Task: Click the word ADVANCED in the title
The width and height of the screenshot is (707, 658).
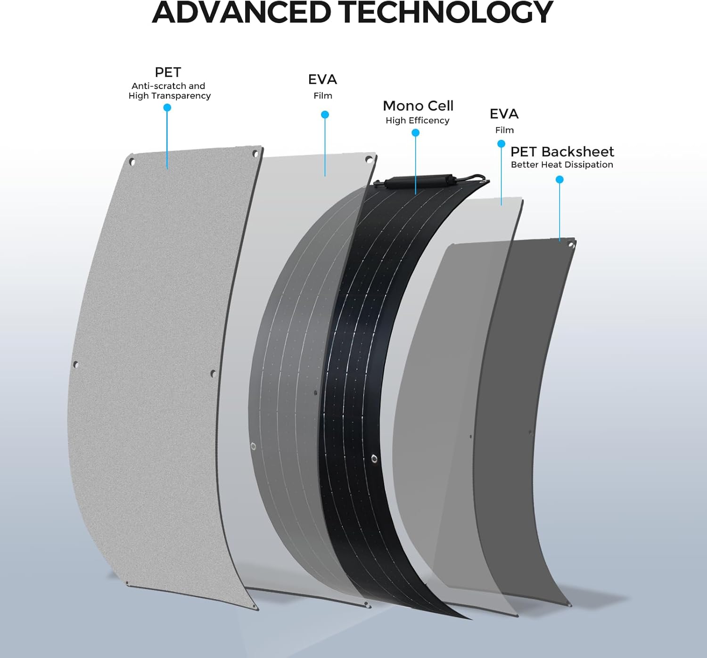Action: tap(241, 13)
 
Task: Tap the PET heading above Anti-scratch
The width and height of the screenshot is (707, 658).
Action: tap(168, 72)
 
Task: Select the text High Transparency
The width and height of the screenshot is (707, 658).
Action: tap(170, 96)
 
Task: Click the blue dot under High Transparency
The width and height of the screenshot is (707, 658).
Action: tap(167, 107)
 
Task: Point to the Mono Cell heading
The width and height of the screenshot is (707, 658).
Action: tap(418, 106)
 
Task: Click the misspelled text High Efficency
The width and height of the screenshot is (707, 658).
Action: tap(417, 121)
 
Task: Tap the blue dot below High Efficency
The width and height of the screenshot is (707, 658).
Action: tap(415, 133)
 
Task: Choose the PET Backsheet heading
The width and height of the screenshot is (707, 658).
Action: tap(562, 152)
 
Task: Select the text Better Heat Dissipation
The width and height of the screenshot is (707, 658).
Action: tap(562, 165)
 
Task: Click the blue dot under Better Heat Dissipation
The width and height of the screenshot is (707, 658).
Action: tap(559, 180)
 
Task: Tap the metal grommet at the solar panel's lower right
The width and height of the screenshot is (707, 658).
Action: tap(374, 459)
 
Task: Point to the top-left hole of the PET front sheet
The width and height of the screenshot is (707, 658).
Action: tap(132, 162)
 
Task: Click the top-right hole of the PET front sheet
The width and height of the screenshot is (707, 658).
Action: tap(255, 154)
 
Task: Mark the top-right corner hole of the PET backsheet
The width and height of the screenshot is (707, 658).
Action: tap(571, 245)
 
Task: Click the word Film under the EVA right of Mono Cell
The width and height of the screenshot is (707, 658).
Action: tap(504, 130)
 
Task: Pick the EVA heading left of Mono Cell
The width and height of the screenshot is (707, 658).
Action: tap(322, 79)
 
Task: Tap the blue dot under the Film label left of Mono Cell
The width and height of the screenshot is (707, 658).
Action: tap(325, 114)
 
